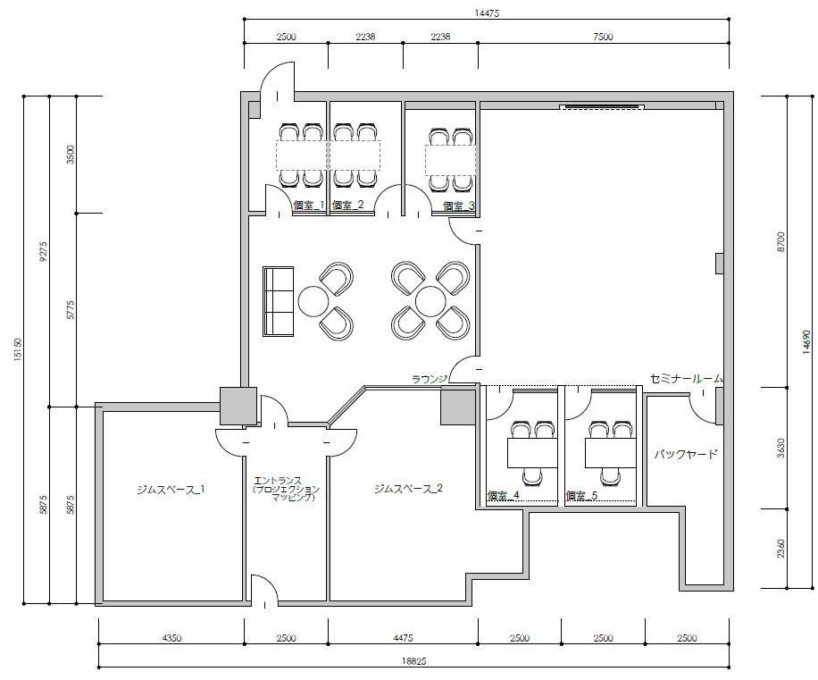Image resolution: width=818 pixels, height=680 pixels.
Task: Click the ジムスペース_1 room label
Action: point(171,490)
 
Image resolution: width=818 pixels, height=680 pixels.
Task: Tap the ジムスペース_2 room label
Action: point(408,489)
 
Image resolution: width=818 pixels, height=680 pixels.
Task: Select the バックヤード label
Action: point(686,454)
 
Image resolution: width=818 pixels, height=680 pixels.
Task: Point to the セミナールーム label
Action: point(686,379)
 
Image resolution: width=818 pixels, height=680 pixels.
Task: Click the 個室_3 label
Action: point(458,206)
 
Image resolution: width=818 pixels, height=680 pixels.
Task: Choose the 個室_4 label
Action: point(503,495)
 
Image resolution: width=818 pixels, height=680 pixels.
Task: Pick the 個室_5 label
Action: point(581,495)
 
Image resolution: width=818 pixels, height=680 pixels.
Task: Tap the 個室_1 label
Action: point(309,206)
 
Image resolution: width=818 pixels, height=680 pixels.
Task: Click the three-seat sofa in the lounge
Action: point(279,301)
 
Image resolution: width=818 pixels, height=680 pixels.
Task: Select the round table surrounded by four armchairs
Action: point(430,301)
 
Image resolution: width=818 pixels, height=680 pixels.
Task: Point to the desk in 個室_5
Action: point(610,453)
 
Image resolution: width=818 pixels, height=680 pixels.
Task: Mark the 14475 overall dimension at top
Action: point(487,13)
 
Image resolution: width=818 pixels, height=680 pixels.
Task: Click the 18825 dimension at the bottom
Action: point(413,661)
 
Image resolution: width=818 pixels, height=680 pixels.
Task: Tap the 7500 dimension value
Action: point(603,37)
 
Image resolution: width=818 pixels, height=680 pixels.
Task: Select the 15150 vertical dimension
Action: point(18,349)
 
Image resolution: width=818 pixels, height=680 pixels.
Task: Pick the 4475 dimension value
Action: point(404,638)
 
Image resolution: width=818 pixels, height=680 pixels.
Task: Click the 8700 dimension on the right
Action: point(780,243)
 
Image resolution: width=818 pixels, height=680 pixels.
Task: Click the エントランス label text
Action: point(278,481)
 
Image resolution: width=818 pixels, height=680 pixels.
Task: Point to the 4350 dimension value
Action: point(171,638)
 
